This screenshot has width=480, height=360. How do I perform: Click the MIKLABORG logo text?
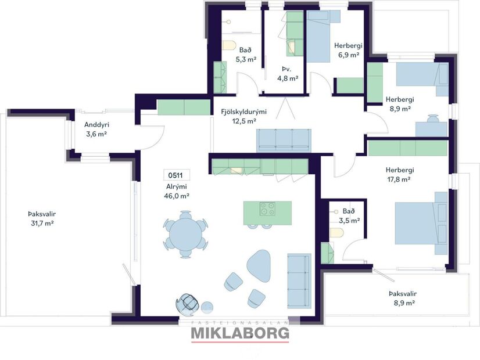pyautogui.click(x=240, y=333)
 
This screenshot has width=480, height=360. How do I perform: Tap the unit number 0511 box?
pyautogui.click(x=177, y=175)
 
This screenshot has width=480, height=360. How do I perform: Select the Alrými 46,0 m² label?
pyautogui.click(x=177, y=191)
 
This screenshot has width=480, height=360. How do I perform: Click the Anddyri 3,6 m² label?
pyautogui.click(x=96, y=129)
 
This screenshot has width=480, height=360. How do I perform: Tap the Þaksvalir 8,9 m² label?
pyautogui.click(x=402, y=298)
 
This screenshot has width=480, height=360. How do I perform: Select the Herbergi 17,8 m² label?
pyautogui.click(x=399, y=174)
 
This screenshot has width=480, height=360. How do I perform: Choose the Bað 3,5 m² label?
pyautogui.click(x=349, y=216)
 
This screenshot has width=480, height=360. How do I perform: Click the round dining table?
pyautogui.click(x=185, y=235)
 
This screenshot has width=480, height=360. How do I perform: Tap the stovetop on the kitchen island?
pyautogui.click(x=267, y=208)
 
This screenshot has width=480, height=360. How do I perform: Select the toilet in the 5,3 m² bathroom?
pyautogui.click(x=228, y=46)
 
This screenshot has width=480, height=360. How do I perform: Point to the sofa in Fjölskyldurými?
pyautogui.click(x=284, y=140)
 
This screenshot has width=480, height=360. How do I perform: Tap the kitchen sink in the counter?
pyautogui.click(x=237, y=171)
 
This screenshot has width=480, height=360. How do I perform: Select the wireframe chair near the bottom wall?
pyautogui.click(x=189, y=303)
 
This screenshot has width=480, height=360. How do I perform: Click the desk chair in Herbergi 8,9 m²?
pyautogui.click(x=433, y=120)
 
